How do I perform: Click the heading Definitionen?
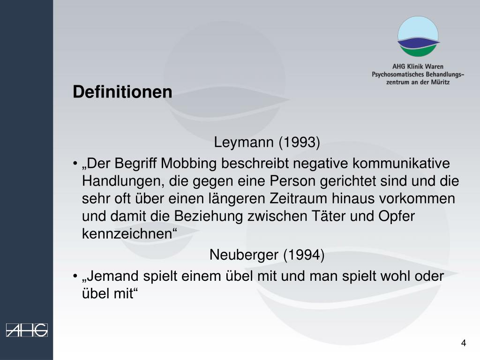pyautogui.click(x=122, y=92)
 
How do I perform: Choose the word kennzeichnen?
pyautogui.click(x=127, y=233)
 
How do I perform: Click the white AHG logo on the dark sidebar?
pyautogui.click(x=27, y=330)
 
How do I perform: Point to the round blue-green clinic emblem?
pyautogui.click(x=418, y=36)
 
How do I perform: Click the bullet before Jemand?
pyautogui.click(x=75, y=277)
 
